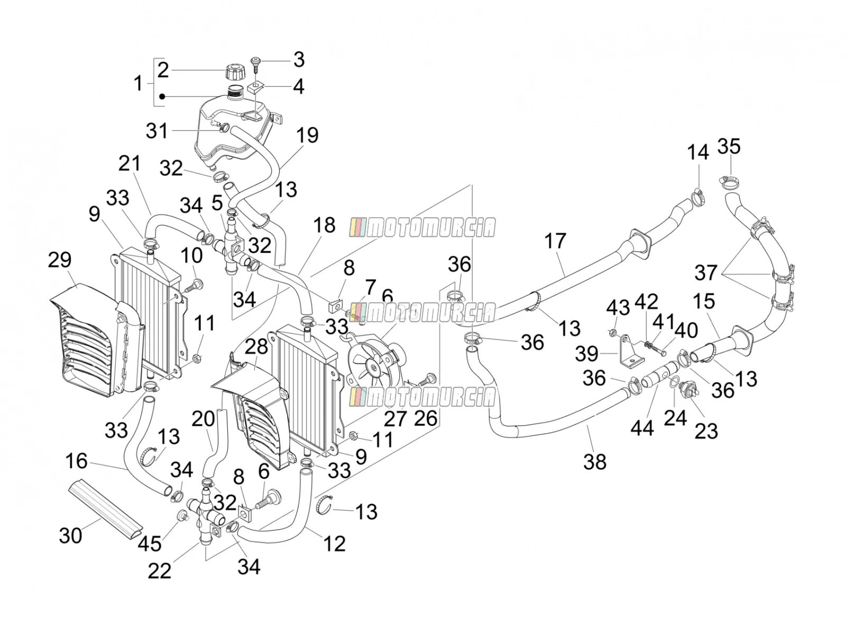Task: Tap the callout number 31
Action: [157, 131]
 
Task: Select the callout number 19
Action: [307, 135]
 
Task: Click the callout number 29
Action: [60, 260]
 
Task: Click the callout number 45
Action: [150, 544]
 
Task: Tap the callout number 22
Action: [159, 571]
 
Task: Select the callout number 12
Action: [334, 544]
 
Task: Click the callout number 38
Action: [595, 462]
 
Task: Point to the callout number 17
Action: [555, 241]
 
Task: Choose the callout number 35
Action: [729, 147]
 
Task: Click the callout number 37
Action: [706, 273]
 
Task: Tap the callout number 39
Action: [586, 354]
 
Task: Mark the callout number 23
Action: [706, 431]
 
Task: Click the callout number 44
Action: [642, 428]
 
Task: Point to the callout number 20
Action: [203, 418]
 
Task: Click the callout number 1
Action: [137, 83]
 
